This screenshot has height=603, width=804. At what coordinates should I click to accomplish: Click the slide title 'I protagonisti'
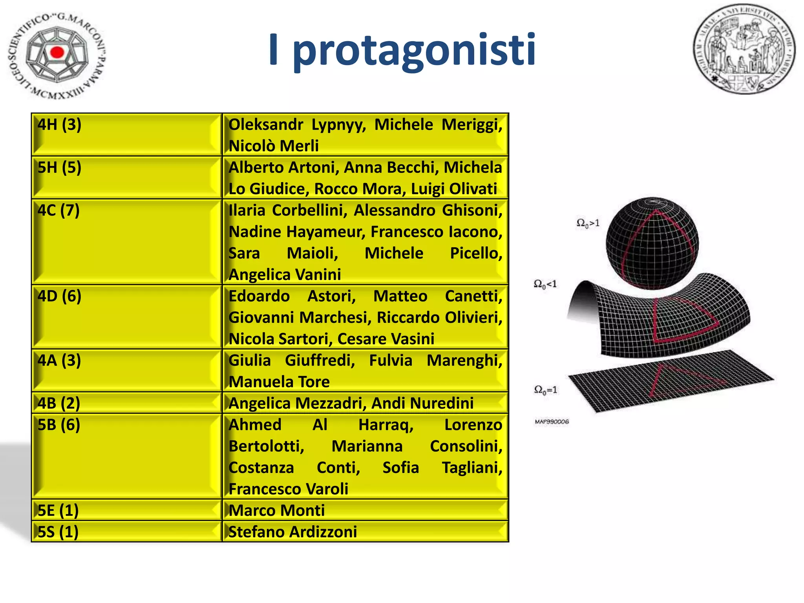pyautogui.click(x=402, y=50)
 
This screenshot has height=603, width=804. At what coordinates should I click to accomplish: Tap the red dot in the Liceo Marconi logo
pyautogui.click(x=57, y=52)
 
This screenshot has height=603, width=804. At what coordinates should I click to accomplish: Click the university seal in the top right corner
pyautogui.click(x=744, y=49)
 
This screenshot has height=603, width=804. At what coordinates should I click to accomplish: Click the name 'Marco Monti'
pyautogui.click(x=277, y=510)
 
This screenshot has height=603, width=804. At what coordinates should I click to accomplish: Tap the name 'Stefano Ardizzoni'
pyautogui.click(x=293, y=532)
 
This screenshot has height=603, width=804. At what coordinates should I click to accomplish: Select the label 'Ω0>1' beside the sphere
pyautogui.click(x=588, y=223)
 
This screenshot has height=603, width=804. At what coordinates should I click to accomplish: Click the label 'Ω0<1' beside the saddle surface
pyautogui.click(x=545, y=284)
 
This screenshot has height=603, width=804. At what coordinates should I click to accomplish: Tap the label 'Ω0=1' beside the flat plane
pyautogui.click(x=545, y=390)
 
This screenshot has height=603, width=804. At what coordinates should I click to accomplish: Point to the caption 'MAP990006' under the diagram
pyautogui.click(x=552, y=422)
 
